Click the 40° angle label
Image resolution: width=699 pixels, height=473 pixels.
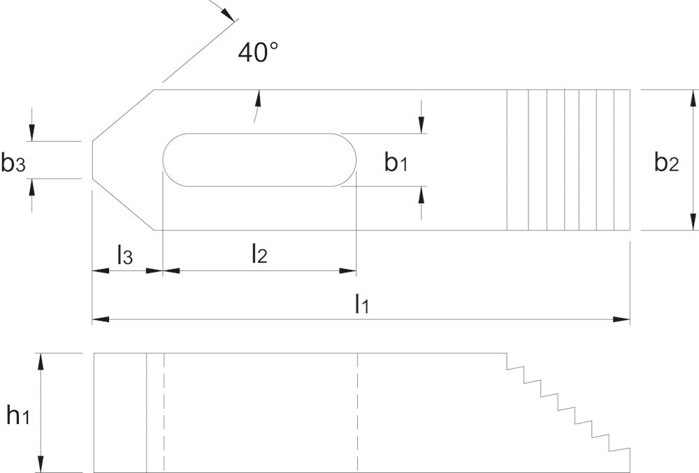[258, 52]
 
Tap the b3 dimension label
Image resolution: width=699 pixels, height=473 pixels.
[13, 163]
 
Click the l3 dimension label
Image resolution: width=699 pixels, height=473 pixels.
[125, 255]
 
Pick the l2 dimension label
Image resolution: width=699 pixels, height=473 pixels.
[259, 254]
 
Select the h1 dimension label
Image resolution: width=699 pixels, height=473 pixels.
[18, 415]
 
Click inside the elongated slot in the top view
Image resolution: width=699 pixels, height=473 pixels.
[259, 160]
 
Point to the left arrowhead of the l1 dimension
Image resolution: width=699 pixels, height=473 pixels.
[101, 319]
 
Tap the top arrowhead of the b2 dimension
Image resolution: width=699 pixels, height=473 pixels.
[693, 98]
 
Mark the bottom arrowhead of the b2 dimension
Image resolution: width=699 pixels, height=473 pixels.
[693, 221]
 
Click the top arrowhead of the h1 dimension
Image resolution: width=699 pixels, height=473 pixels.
[41, 362]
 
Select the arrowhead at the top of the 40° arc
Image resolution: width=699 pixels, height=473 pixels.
[227, 14]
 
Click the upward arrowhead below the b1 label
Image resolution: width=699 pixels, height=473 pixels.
[421, 195]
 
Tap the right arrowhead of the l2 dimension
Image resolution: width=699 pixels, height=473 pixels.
[347, 270]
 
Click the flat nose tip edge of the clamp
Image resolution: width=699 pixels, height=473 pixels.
[92, 161]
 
